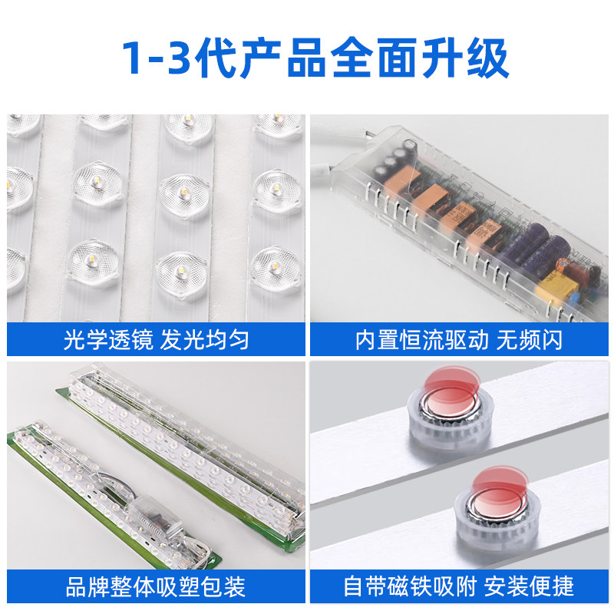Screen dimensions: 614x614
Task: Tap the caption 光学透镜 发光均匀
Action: click(156, 339)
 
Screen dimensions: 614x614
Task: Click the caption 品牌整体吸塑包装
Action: click(156, 588)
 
